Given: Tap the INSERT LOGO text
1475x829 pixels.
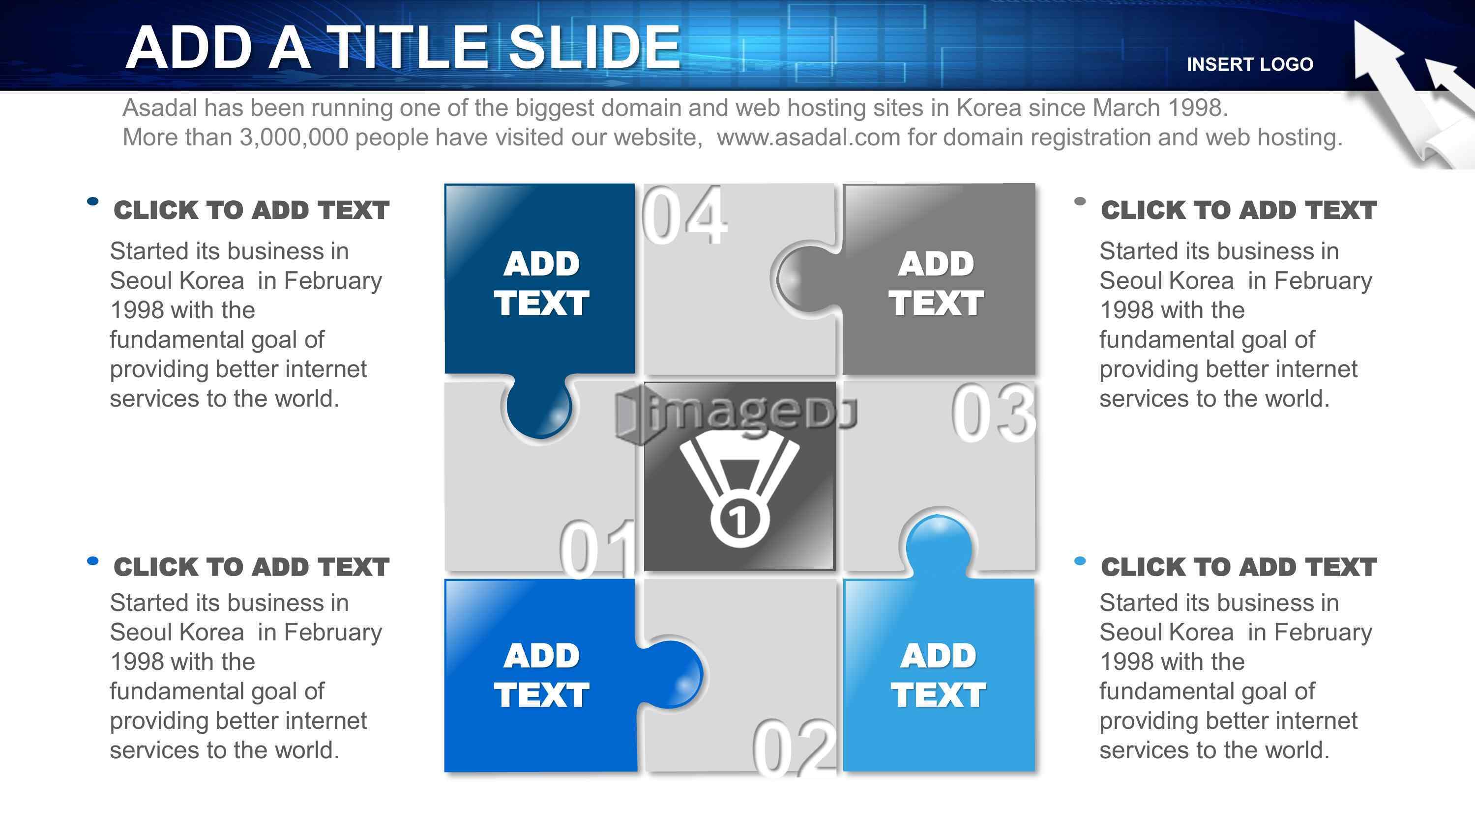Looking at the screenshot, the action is (x=1250, y=64).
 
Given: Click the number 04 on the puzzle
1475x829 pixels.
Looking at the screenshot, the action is (x=684, y=216).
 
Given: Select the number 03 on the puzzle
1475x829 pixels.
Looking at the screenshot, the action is (x=994, y=413).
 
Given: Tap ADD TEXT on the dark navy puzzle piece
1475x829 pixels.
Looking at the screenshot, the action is (x=541, y=283).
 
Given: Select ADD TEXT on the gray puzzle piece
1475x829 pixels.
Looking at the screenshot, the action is (x=936, y=283).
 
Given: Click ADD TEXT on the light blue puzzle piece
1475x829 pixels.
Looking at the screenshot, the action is (x=938, y=675).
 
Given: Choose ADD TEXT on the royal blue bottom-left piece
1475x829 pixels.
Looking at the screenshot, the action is (x=541, y=675).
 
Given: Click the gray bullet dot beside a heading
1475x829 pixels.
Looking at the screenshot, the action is (x=1080, y=201).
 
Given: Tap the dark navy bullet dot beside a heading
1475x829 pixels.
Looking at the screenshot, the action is (x=93, y=201).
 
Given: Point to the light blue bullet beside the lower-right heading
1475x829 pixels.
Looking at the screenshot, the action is (x=1080, y=561).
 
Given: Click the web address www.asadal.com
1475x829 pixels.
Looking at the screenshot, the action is (x=808, y=138).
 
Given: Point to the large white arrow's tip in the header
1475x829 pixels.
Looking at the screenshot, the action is (x=1356, y=22).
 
